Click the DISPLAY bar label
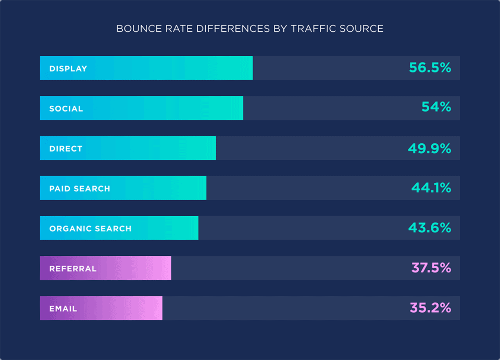(68, 69)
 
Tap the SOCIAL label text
(66, 109)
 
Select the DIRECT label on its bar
(66, 149)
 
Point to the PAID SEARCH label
(80, 189)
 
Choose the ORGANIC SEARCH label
(90, 229)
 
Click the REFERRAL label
(73, 269)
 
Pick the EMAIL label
(63, 309)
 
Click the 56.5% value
(430, 68)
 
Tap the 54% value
(436, 108)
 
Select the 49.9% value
(429, 148)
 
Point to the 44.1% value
(431, 188)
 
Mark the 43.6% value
(430, 228)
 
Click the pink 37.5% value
(431, 268)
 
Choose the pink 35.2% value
(430, 308)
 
